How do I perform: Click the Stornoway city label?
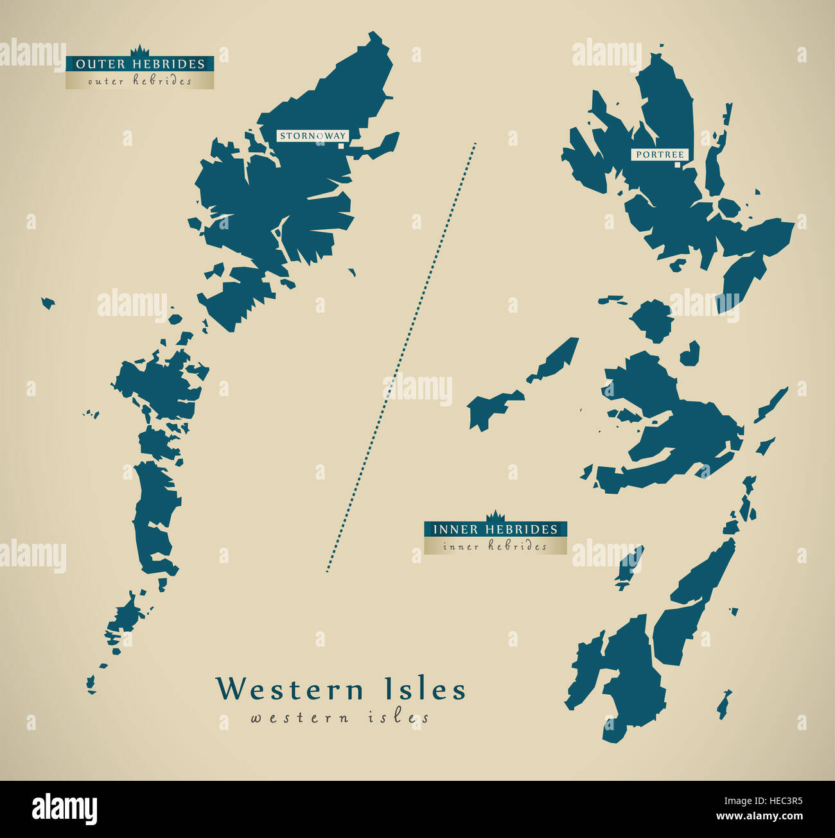point(313,135)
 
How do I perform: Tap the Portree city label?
point(660,155)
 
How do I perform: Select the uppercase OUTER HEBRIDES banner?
point(140,64)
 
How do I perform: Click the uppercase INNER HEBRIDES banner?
point(495,529)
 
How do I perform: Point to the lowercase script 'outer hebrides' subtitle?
point(140,81)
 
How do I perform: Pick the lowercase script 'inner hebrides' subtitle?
point(495,546)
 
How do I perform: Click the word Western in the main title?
point(290,690)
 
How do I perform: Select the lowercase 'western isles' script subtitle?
point(340,717)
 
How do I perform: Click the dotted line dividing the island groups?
point(401,356)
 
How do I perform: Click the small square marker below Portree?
point(677,164)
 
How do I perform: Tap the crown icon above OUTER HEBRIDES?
point(140,51)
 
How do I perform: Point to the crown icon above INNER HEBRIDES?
point(495,516)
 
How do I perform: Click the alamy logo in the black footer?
point(64,808)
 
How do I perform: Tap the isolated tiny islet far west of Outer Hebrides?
point(48,302)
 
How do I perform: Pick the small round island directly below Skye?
point(651,320)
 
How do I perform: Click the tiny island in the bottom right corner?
point(724,704)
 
